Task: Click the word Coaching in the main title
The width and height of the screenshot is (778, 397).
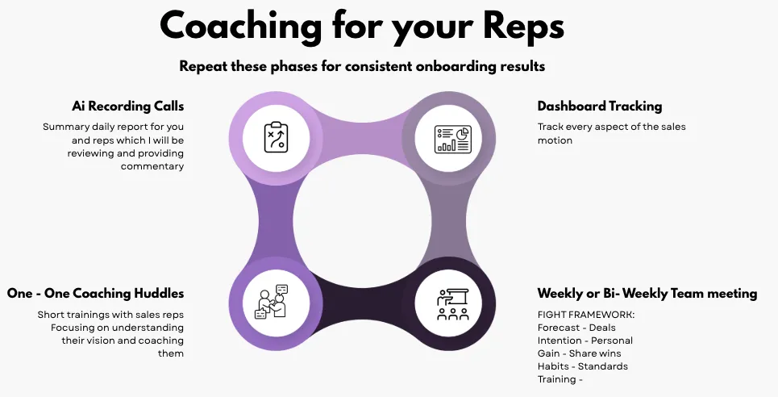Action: pyautogui.click(x=240, y=27)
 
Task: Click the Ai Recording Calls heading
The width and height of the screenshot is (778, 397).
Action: pyautogui.click(x=127, y=107)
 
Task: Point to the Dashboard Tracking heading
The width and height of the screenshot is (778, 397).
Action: pyautogui.click(x=600, y=107)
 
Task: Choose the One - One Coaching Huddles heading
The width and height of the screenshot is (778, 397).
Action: pyautogui.click(x=95, y=293)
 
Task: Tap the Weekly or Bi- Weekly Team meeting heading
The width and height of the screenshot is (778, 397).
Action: pyautogui.click(x=647, y=293)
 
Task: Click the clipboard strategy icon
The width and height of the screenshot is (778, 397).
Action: pyautogui.click(x=276, y=138)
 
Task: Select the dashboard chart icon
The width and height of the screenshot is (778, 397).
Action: pyautogui.click(x=453, y=139)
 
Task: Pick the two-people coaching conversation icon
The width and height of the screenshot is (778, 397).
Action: pyautogui.click(x=272, y=302)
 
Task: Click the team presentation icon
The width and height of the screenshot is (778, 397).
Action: pyautogui.click(x=452, y=304)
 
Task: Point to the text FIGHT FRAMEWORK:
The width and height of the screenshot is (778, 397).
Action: pyautogui.click(x=586, y=315)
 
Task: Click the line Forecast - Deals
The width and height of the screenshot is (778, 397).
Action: pyautogui.click(x=576, y=328)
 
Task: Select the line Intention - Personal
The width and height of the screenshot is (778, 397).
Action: pyautogui.click(x=585, y=341)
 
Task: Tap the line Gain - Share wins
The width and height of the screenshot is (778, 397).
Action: pyautogui.click(x=579, y=353)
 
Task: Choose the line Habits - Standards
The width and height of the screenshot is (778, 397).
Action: pyautogui.click(x=583, y=366)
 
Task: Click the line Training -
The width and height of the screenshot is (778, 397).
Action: pyautogui.click(x=560, y=379)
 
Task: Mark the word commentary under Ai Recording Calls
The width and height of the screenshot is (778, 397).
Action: pyautogui.click(x=152, y=166)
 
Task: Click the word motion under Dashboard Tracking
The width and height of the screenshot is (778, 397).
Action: pyautogui.click(x=555, y=140)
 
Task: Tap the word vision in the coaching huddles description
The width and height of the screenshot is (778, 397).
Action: pyautogui.click(x=101, y=341)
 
